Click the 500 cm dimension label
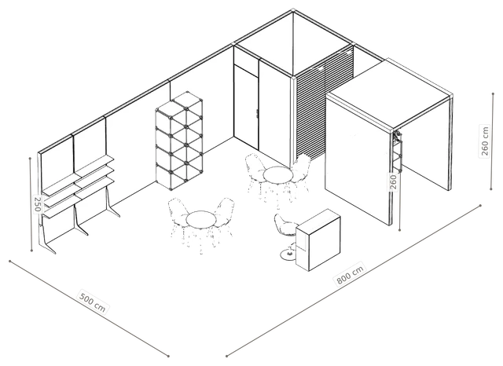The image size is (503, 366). pos(93,302)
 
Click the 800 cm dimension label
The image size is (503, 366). pos(351,274)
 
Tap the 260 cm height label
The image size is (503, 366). pos(485,141)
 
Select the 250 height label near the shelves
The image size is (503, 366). pos(38,204)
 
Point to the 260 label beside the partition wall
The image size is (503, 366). pos(394,181)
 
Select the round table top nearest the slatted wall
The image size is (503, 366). pos(277,175)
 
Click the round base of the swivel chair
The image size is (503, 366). pos(288,254)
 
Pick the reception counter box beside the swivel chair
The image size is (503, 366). pos(318,240)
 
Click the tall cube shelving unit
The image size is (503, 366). pos(179,141)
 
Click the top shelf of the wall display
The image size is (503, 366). pos(79,175)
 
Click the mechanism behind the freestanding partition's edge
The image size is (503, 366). pos(398,150)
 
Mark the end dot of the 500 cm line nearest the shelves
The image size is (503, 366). pos(10,262)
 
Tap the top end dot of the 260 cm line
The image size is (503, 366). pos(493,94)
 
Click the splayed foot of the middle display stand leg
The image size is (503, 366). pos(81,229)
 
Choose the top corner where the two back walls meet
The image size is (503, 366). pos(293,11)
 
